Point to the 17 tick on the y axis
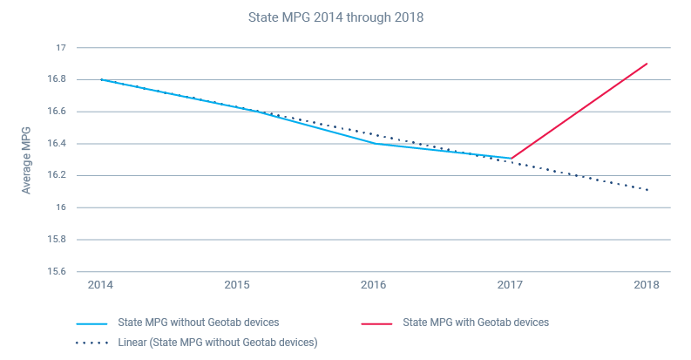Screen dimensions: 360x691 pos(61,48)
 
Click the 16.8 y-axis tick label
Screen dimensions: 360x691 pos(58,79)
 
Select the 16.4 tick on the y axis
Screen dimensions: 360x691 pos(58,144)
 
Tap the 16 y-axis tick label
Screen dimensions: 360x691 pos(61,207)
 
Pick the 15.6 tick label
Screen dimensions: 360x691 pos(58,271)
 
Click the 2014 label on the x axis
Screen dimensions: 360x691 pos(101,286)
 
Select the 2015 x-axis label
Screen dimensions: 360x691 pos(237,286)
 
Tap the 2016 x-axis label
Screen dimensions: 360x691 pos(374,286)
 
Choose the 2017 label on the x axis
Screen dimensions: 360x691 pos(510,286)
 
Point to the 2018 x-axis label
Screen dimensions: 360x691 pos(647,286)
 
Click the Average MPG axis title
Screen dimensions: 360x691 pos(27,160)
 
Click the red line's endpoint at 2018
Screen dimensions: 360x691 pos(647,64)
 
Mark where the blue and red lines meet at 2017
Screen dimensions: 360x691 pos(511,159)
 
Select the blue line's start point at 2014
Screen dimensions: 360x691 pos(101,79)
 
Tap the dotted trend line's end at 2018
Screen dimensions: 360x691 pos(647,190)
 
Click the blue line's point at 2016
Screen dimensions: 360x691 pos(374,143)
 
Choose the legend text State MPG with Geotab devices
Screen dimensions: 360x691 pos(476,323)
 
